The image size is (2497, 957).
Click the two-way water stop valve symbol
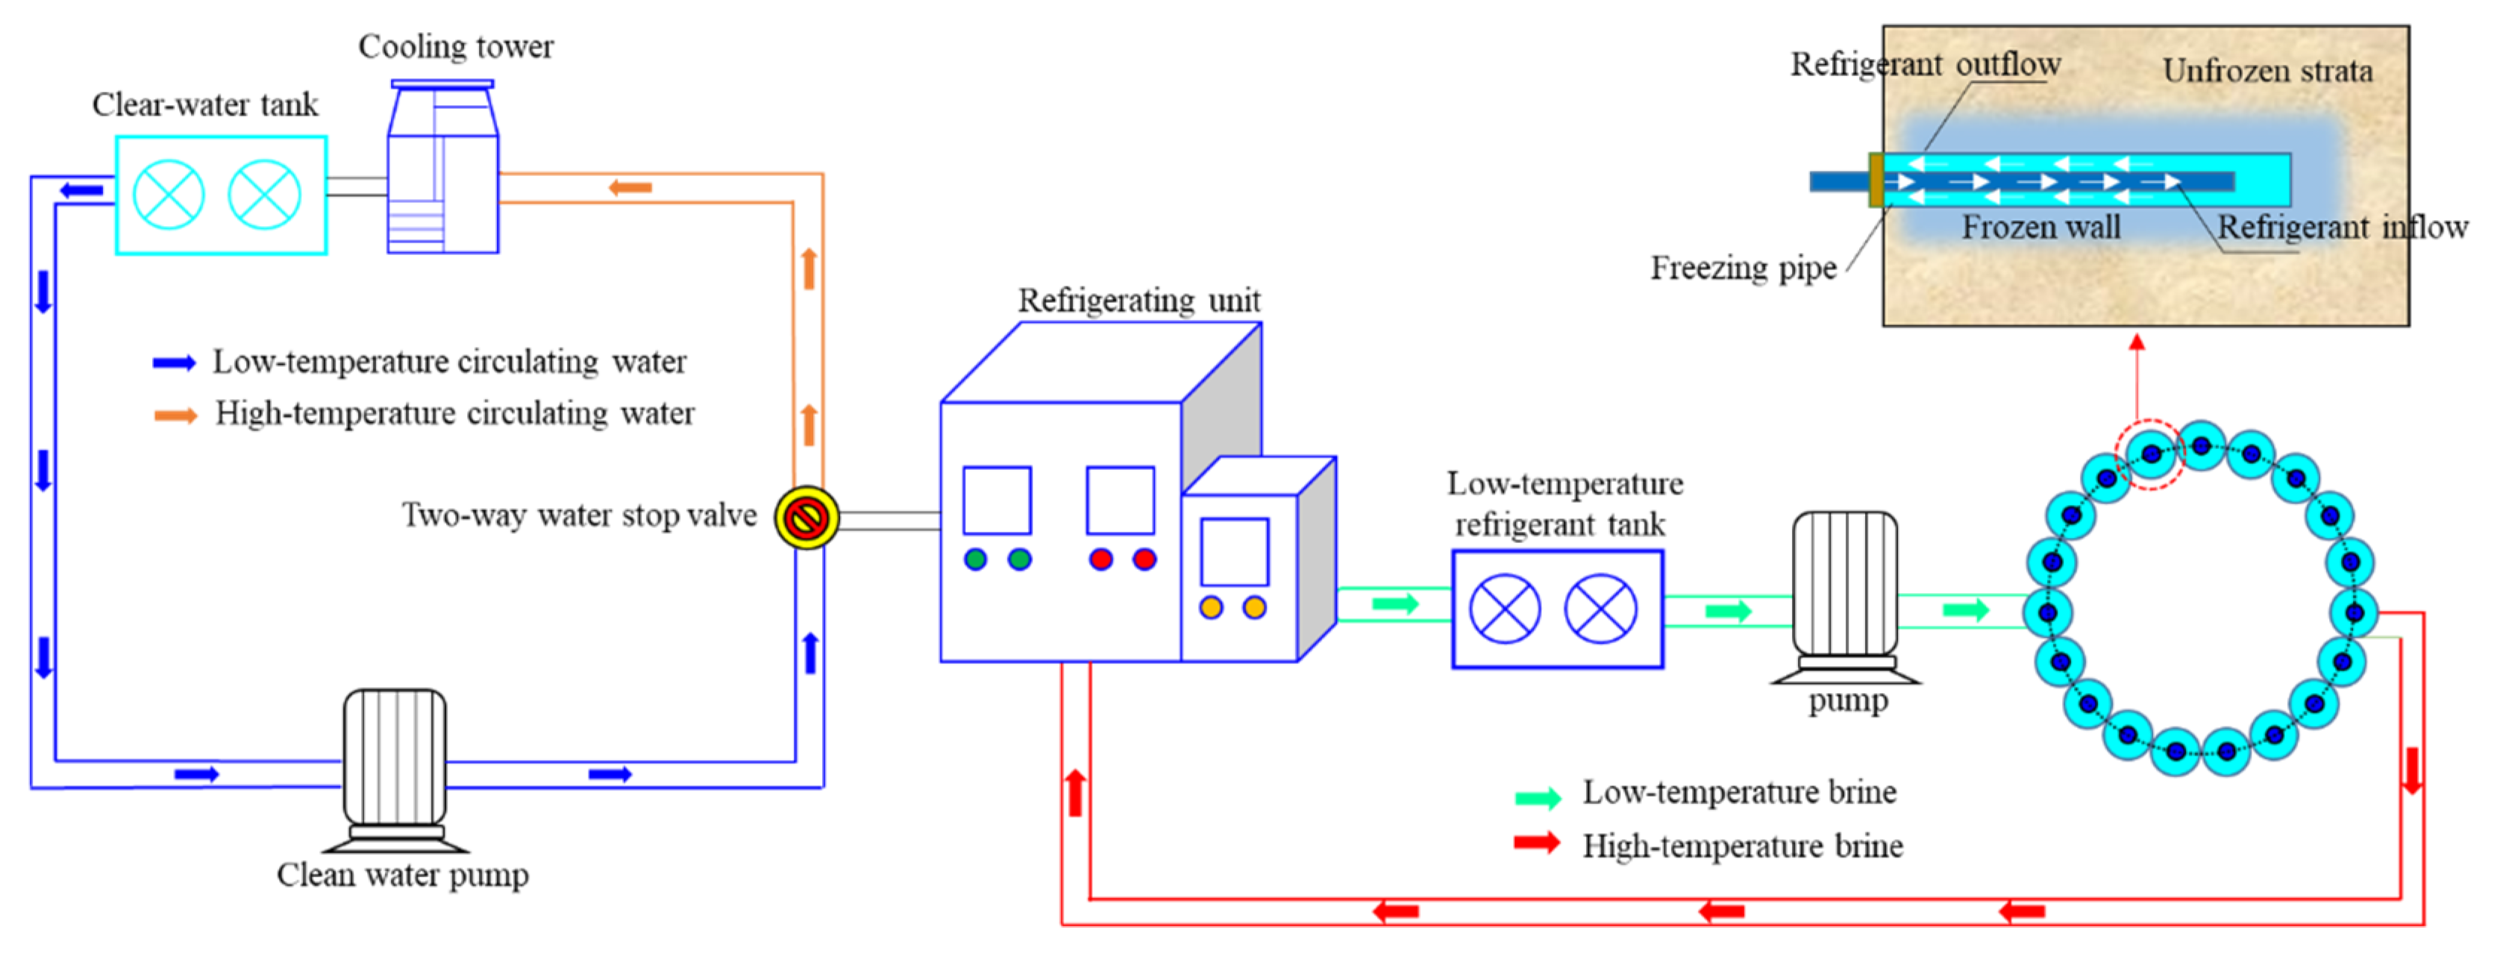(x=806, y=518)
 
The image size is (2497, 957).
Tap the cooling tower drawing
(x=443, y=169)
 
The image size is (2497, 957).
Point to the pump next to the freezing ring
(x=1845, y=596)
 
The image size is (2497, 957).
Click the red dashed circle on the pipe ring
(x=2149, y=454)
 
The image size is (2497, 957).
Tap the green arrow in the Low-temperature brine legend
(x=1538, y=797)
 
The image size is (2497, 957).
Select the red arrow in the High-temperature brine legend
(x=1538, y=843)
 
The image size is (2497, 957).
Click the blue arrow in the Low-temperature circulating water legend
(x=175, y=363)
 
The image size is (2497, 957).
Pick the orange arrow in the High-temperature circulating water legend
(x=175, y=415)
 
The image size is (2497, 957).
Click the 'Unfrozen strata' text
(x=2266, y=71)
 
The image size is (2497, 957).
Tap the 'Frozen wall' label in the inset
(x=2040, y=227)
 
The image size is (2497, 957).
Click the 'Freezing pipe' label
(x=1743, y=268)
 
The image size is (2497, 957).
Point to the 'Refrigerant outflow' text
(x=1924, y=64)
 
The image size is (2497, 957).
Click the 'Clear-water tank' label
(x=204, y=104)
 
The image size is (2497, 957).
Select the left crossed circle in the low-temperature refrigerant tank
(x=1505, y=609)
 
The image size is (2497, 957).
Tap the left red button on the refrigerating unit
(x=1100, y=559)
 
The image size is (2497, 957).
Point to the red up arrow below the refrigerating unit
(x=1074, y=792)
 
